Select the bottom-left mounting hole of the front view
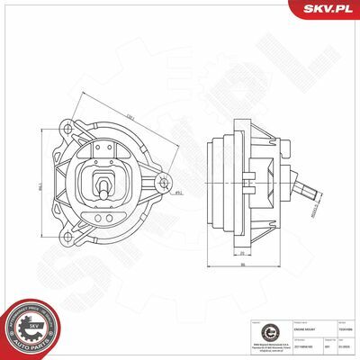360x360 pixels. (x=67, y=237)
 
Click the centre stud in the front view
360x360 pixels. (x=105, y=188)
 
